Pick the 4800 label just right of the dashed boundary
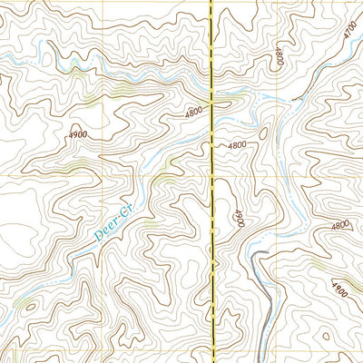tap(237, 144)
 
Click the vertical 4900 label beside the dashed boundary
tap(239, 220)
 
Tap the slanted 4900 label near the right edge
tap(338, 290)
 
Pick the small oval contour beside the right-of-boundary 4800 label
tap(262, 134)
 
